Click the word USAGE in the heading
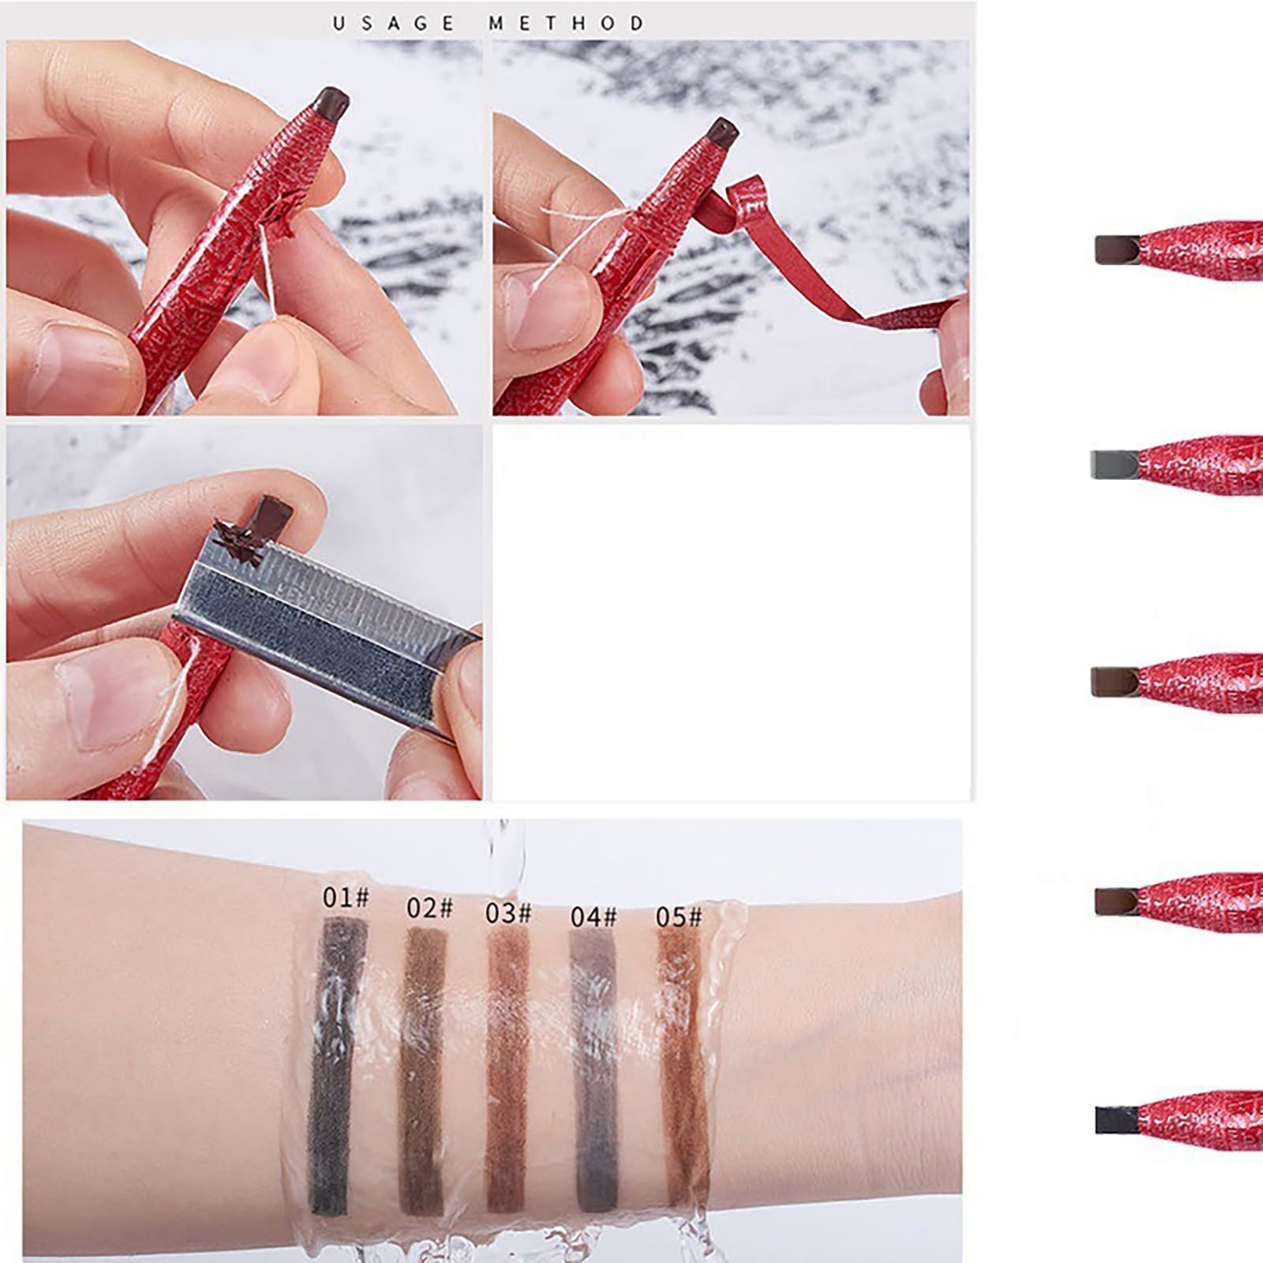click(x=394, y=23)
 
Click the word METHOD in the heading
click(x=566, y=23)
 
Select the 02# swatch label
click(x=429, y=908)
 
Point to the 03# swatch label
click(x=508, y=913)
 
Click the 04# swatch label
click(x=594, y=916)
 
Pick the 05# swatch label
click(x=679, y=916)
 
